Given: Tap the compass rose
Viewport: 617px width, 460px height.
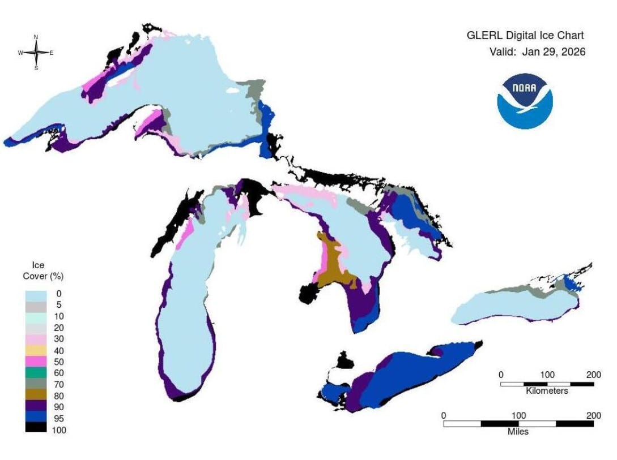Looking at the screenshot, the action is pos(36,53).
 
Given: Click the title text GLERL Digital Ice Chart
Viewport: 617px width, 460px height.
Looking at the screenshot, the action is pos(525,36).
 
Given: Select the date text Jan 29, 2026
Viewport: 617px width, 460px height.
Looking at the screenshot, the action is pos(553,52).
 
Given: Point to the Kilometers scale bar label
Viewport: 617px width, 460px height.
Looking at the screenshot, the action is pos(547,391).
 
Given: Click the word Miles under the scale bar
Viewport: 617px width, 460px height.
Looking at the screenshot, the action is pos(518,432).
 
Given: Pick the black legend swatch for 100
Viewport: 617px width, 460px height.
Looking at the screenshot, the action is pos(35,429).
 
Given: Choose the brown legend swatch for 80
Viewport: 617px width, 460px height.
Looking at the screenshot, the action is pos(35,395).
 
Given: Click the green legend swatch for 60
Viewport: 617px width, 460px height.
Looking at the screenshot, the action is pos(35,373).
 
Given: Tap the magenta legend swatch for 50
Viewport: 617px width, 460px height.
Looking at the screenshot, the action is pos(35,362).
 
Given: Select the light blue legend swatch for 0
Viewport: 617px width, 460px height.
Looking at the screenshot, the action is pos(35,294).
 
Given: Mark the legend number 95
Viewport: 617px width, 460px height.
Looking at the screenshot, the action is pos(59,419).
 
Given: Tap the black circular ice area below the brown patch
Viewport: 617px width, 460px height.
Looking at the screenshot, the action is pos(310,294).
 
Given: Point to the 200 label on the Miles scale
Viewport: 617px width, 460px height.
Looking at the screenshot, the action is pos(594,416).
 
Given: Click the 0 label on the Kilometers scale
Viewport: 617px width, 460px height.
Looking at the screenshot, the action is pos(501,375).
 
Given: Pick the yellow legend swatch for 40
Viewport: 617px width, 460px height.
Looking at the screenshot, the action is pos(35,350).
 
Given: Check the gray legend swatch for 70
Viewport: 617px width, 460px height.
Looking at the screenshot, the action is pos(35,384).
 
